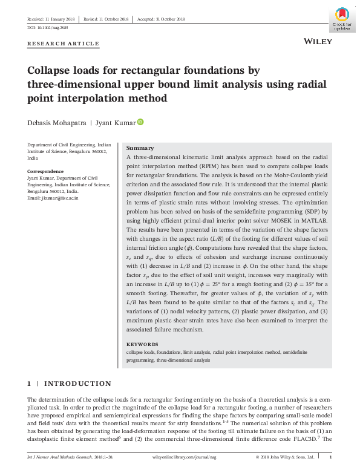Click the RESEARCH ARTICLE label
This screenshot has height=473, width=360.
click(x=63, y=44)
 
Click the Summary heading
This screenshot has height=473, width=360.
click(x=140, y=148)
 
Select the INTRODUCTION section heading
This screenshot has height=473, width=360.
click(x=77, y=383)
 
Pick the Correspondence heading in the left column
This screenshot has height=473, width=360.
click(x=46, y=172)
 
